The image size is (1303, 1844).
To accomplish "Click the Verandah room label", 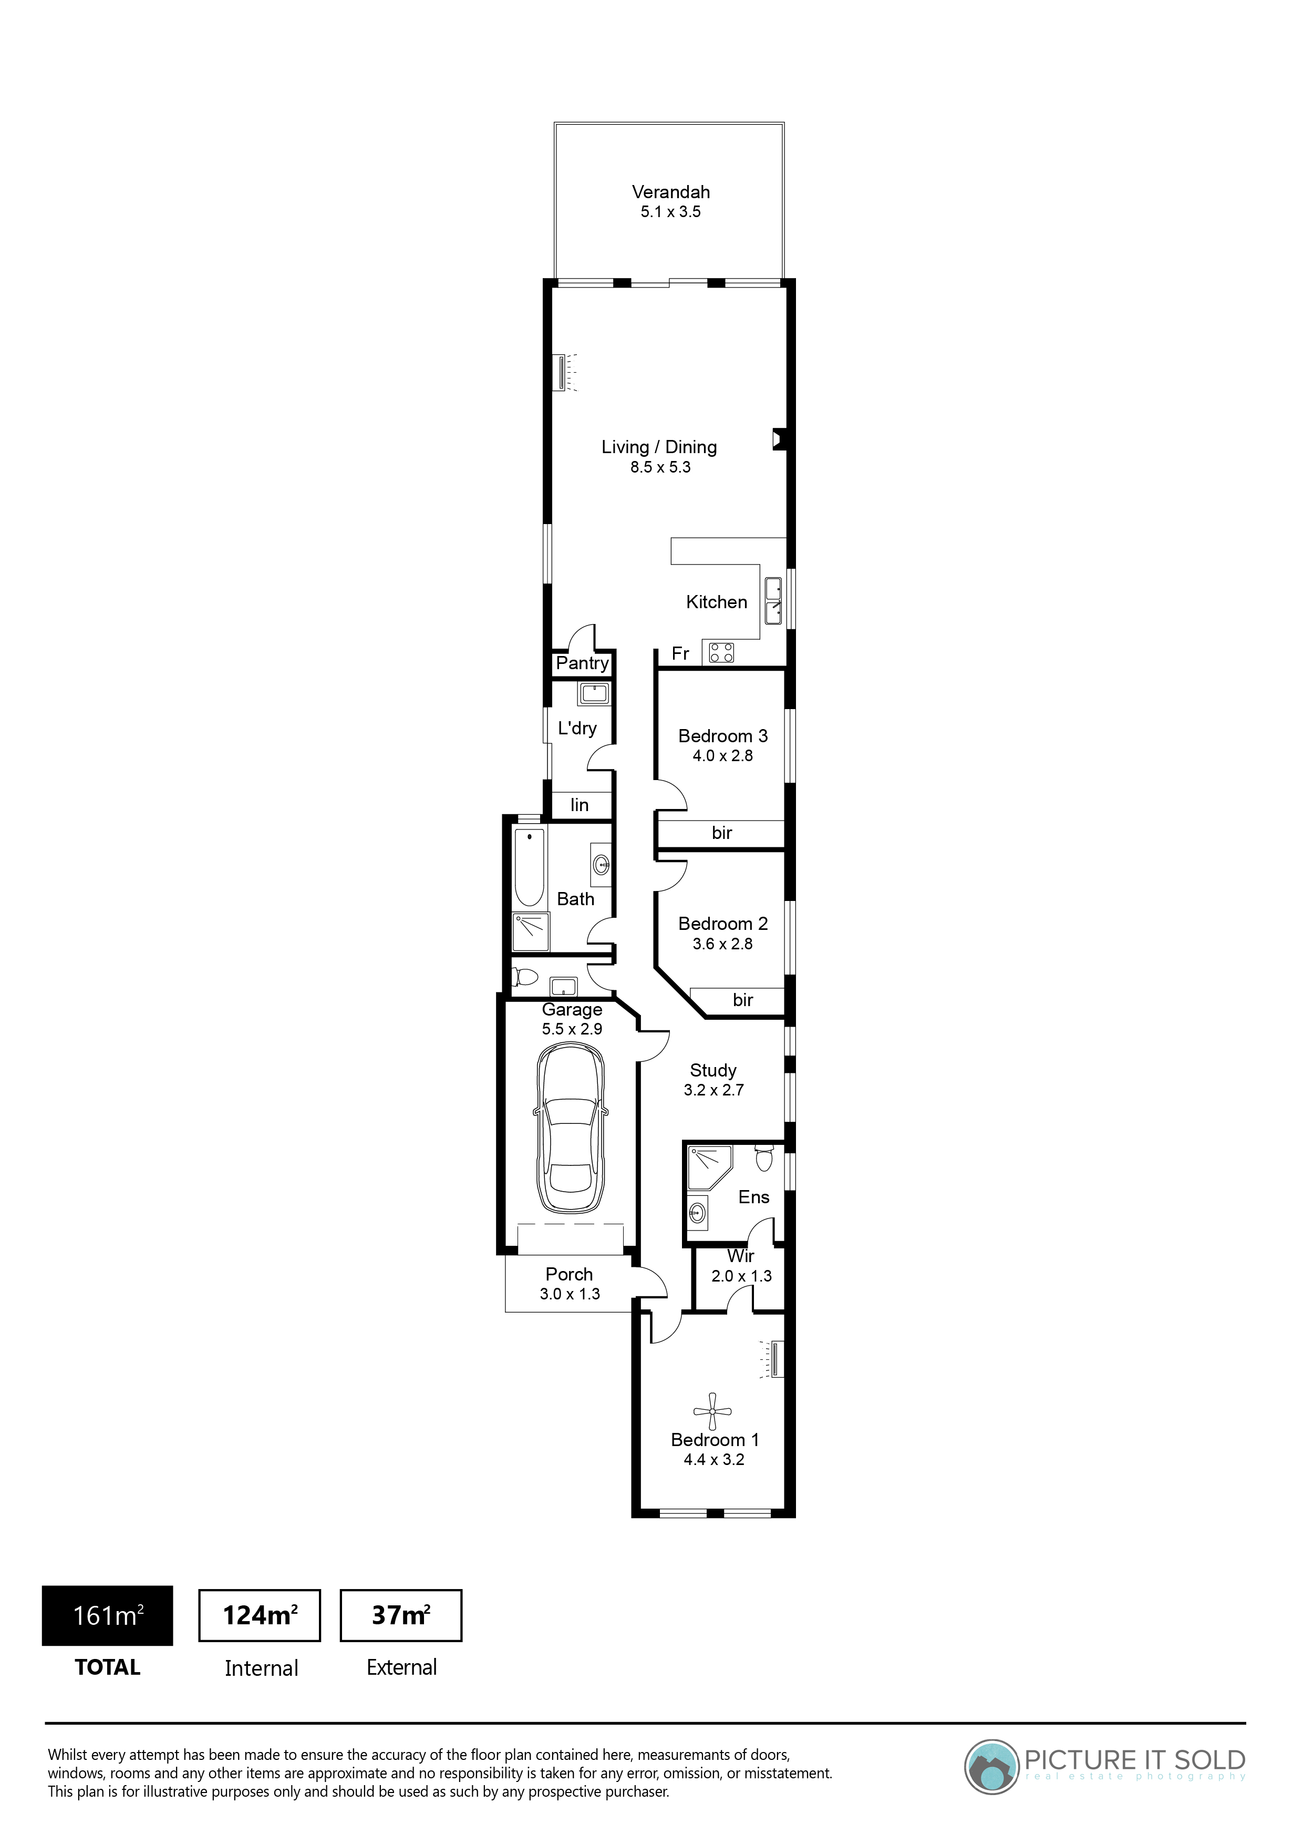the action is (x=670, y=192).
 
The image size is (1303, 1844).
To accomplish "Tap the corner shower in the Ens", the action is (x=708, y=1170).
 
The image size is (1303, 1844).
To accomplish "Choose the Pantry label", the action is (x=582, y=663).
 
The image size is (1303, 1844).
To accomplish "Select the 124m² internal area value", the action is (x=260, y=1615).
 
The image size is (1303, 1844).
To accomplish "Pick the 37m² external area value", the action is (x=400, y=1615).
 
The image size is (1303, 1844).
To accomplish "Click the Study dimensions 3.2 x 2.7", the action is (x=713, y=1090).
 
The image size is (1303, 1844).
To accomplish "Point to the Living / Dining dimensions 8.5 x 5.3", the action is (x=660, y=467).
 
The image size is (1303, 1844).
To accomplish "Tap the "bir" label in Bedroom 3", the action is (x=722, y=833).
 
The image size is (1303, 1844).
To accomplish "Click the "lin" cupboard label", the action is (x=579, y=805).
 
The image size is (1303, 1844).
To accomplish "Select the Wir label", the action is (x=740, y=1255).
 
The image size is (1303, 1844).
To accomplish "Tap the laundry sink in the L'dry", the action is (x=593, y=692).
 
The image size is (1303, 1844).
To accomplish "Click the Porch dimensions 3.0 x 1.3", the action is (x=570, y=1294).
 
